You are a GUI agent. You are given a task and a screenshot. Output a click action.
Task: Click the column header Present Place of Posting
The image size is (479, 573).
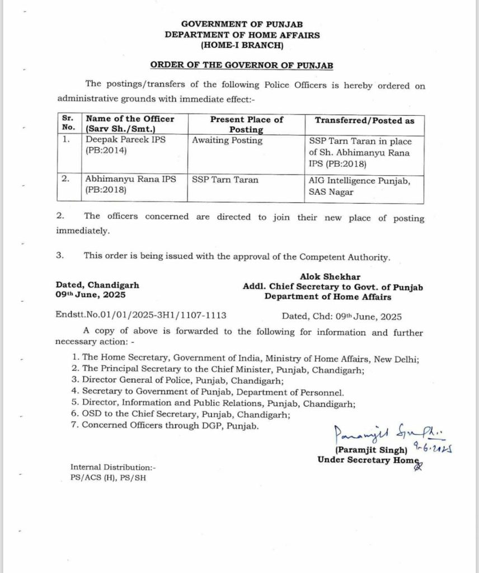coord(246,124)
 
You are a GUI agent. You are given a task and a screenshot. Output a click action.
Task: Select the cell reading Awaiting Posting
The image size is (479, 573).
coord(227,141)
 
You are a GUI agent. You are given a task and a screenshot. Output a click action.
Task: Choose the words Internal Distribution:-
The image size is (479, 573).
coord(106,467)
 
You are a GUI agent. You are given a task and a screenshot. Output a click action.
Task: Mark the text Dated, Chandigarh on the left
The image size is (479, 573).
coord(97,285)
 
